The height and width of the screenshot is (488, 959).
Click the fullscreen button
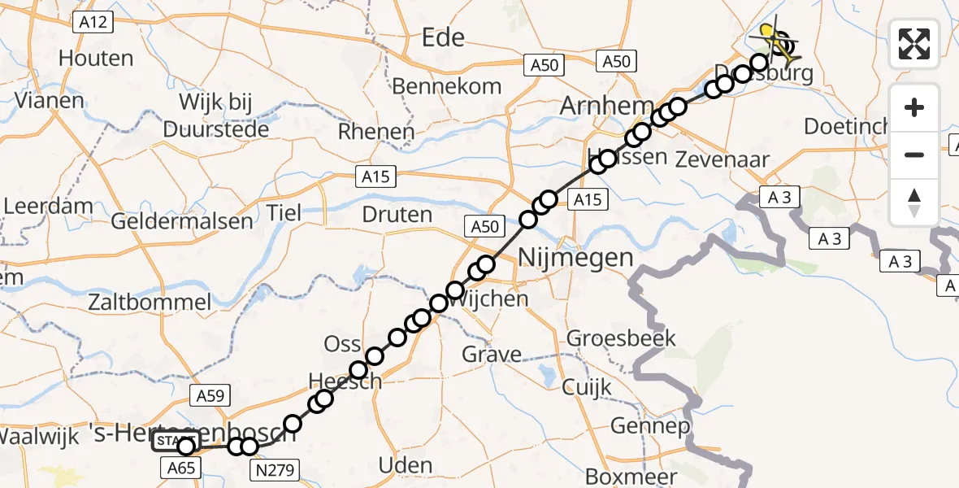[x=914, y=44]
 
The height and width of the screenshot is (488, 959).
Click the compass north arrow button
[x=914, y=203]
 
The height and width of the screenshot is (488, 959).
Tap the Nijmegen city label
[x=576, y=259]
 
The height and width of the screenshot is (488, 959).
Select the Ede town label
[x=443, y=37]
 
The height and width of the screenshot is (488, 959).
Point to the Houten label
[x=96, y=59]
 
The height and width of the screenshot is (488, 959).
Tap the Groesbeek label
[x=621, y=338]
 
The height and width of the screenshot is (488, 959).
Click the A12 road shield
[x=94, y=24]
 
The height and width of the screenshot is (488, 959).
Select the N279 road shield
[x=276, y=468]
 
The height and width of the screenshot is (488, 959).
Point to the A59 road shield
[x=209, y=396]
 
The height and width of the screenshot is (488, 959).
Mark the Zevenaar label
[x=722, y=160]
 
